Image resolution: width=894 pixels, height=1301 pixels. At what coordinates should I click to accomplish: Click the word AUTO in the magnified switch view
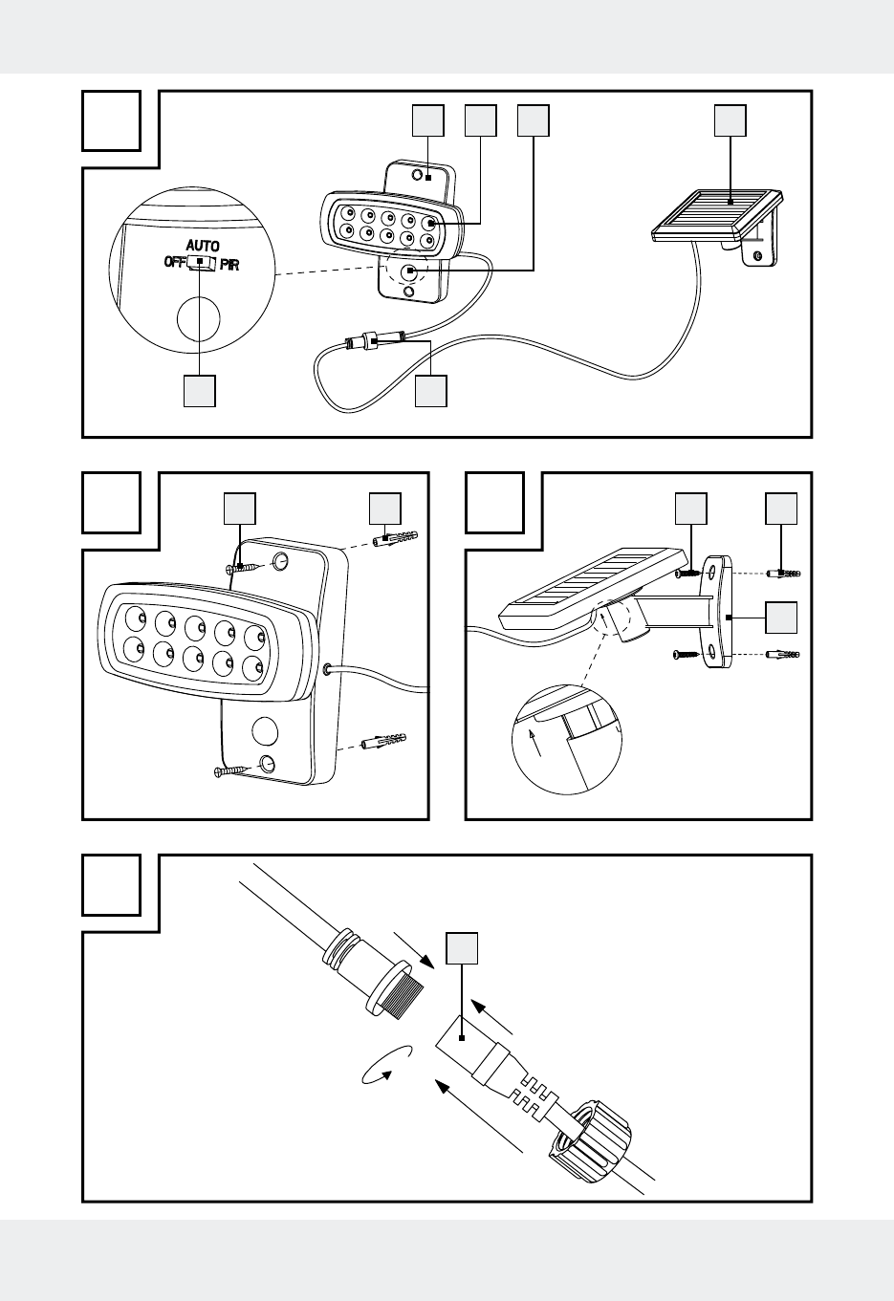click(x=203, y=246)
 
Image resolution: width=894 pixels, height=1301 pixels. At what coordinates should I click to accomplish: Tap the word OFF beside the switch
click(x=175, y=262)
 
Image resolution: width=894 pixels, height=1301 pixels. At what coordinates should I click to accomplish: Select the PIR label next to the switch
click(x=229, y=266)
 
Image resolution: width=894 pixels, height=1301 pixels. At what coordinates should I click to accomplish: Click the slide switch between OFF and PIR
click(x=202, y=263)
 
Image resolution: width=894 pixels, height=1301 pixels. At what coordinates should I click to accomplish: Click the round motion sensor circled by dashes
click(x=410, y=271)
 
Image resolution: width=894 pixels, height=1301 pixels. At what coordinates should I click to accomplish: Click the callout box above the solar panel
click(x=730, y=120)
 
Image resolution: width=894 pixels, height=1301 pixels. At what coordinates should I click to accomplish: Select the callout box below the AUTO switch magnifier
click(x=199, y=391)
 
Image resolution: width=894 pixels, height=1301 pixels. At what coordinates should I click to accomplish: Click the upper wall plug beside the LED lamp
click(x=395, y=538)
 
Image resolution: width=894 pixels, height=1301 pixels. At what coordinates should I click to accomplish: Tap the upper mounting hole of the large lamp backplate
click(x=280, y=562)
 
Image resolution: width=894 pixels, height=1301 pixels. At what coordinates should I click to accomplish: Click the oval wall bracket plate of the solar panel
click(x=719, y=612)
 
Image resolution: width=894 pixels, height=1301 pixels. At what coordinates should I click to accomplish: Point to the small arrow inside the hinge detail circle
click(x=535, y=744)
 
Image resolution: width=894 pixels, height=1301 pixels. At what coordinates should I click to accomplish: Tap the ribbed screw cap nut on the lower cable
click(x=590, y=1142)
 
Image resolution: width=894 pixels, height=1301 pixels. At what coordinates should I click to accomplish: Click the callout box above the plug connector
click(x=462, y=948)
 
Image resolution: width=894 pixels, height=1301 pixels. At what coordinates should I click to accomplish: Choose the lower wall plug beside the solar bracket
click(x=783, y=655)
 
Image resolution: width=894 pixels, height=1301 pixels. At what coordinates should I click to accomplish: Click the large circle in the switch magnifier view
click(x=199, y=319)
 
